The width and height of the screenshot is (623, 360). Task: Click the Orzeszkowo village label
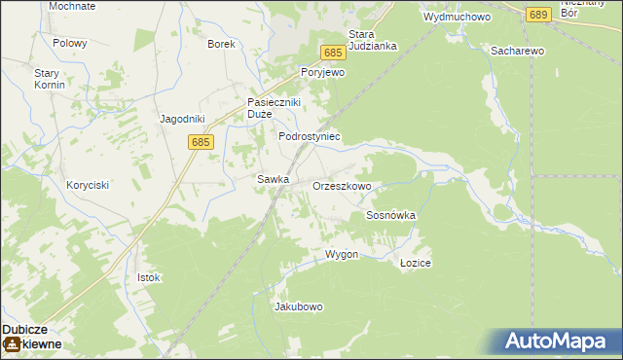342,185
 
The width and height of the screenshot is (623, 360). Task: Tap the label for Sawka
273,179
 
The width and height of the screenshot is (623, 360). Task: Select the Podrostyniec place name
310,137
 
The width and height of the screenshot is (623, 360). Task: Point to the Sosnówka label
390,215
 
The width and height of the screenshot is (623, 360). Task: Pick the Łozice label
416,264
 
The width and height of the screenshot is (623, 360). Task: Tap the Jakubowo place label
299,306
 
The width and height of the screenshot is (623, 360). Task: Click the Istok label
148,277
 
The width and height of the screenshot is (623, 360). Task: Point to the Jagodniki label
182,119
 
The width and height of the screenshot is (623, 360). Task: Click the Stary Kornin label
50,79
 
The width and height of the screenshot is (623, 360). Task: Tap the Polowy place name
70,44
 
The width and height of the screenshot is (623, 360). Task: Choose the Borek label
222,44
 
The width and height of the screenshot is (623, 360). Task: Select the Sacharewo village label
517,50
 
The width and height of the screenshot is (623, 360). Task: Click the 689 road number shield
537,15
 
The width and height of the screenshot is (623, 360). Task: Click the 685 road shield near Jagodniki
202,142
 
